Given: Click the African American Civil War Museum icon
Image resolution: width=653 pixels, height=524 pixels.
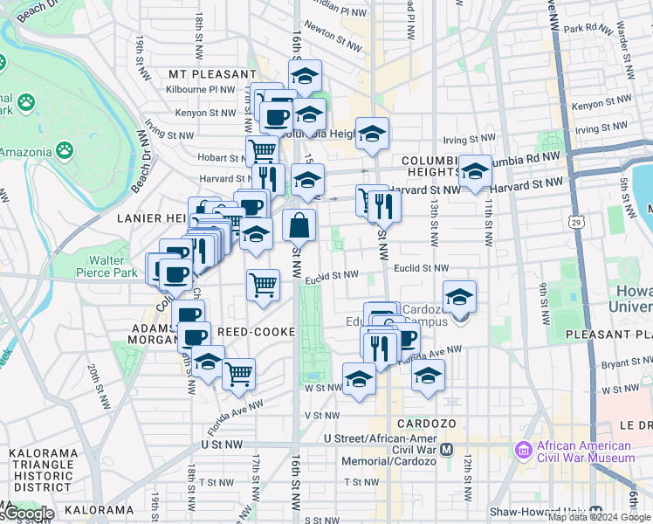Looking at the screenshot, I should pyautogui.click(x=524, y=450).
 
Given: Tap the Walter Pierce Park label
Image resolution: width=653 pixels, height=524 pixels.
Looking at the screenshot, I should pyautogui.click(x=113, y=266).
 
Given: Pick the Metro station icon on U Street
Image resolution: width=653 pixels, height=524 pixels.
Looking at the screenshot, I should pyautogui.click(x=446, y=449).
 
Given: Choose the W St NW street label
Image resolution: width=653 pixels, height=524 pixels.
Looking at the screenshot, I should pyautogui.click(x=322, y=388).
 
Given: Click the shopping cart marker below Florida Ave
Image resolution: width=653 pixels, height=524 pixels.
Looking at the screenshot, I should pyautogui.click(x=238, y=374).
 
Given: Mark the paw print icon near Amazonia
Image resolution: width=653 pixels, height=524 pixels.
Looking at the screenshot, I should pyautogui.click(x=65, y=149).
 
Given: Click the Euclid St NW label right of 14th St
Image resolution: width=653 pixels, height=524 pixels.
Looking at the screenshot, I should pyautogui.click(x=421, y=269).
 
